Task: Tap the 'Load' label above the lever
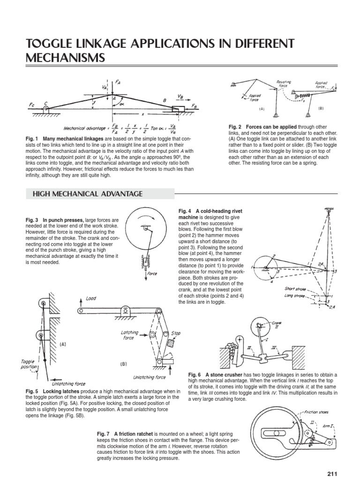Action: coord(90,298)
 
